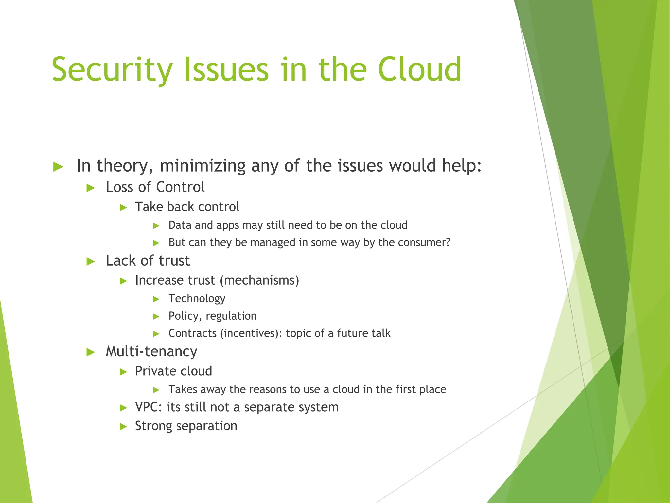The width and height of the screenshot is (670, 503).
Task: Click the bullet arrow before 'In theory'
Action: (x=58, y=167)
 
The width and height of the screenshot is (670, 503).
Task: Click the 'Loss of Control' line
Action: (x=155, y=187)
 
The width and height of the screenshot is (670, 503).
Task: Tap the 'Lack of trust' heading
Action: (x=148, y=261)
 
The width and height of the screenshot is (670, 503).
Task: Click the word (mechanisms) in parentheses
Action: (x=259, y=280)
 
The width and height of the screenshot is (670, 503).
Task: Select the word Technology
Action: (x=197, y=299)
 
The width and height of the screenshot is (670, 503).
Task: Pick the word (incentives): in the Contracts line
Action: (x=251, y=333)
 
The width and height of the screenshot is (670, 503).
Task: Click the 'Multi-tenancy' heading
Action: (x=151, y=352)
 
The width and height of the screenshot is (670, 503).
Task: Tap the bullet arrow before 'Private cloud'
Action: (x=123, y=372)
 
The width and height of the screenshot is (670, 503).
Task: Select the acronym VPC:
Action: (x=149, y=407)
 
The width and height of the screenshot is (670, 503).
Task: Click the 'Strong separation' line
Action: (x=186, y=426)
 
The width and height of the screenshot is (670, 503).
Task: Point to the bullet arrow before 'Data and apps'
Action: (x=156, y=226)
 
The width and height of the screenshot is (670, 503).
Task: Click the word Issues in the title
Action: (x=226, y=69)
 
